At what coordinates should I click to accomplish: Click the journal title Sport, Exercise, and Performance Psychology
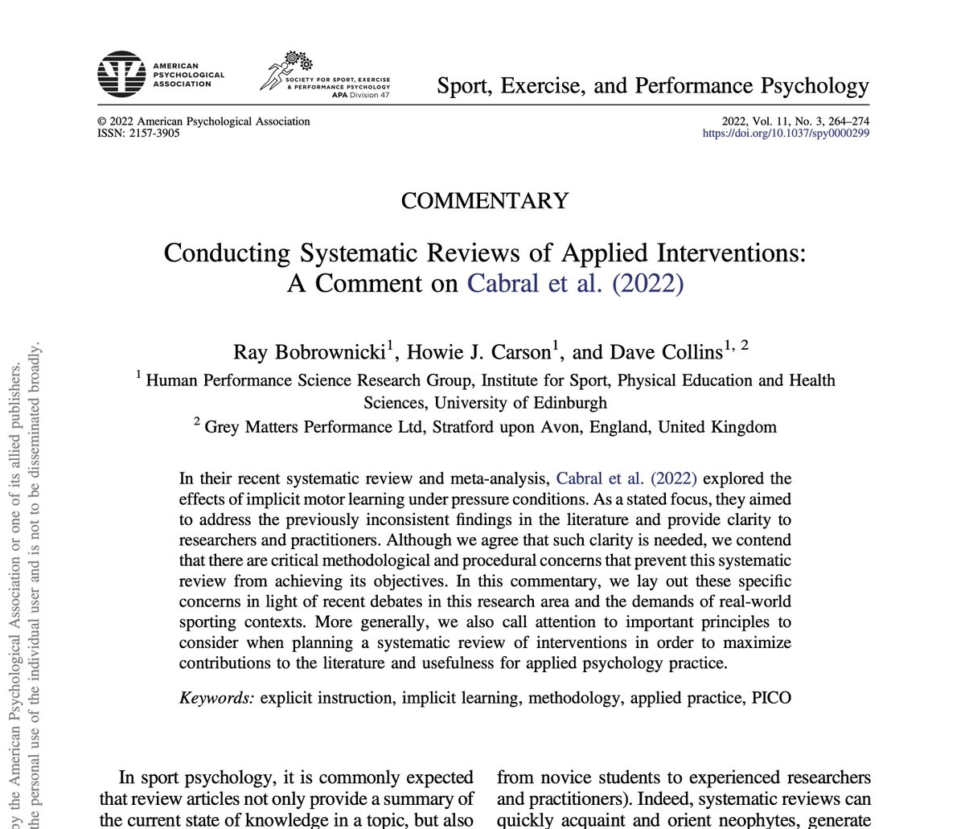pos(652,85)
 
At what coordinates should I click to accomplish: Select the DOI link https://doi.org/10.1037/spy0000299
pos(786,133)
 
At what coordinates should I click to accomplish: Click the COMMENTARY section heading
pos(484,199)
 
